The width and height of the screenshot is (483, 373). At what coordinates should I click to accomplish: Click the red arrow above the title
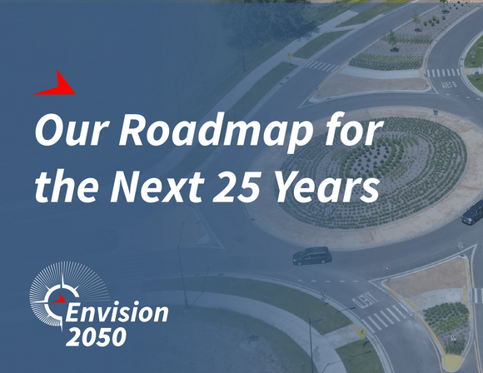tap(58, 82)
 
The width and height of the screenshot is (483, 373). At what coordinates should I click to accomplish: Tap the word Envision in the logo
tap(117, 314)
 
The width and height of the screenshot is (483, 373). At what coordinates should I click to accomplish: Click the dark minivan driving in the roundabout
tap(311, 255)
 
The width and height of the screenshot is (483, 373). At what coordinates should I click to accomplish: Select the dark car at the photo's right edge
tap(472, 212)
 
